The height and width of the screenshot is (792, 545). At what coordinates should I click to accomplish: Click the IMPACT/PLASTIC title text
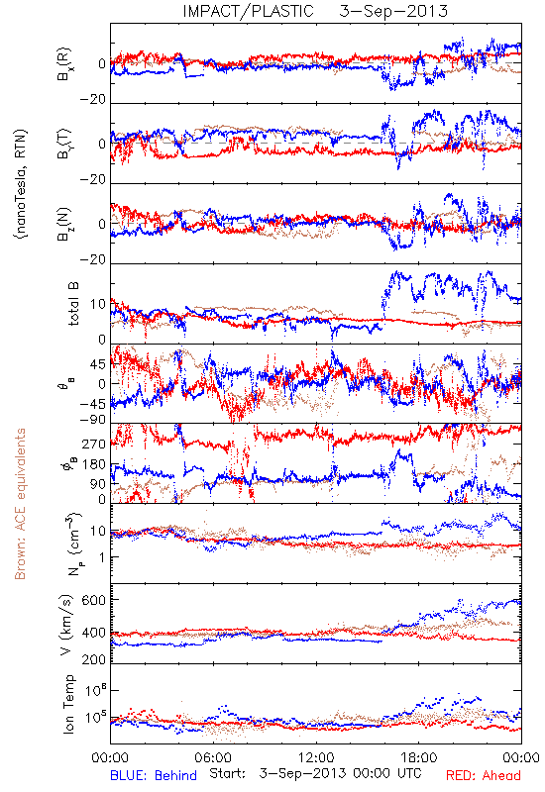tap(248, 11)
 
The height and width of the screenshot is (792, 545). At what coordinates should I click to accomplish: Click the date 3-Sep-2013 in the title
tap(393, 11)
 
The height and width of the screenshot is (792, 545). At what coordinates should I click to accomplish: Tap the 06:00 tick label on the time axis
tap(213, 757)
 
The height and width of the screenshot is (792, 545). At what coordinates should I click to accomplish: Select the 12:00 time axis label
tap(316, 757)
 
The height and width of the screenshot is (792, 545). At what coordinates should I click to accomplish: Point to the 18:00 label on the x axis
tap(419, 757)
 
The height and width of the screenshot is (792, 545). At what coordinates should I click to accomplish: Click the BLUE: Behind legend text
tap(154, 775)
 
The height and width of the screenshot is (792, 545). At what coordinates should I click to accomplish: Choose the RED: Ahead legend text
tap(483, 775)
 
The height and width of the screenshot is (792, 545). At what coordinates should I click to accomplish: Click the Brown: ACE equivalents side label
tap(20, 504)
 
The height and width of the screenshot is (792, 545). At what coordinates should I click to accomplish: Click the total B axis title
tap(73, 304)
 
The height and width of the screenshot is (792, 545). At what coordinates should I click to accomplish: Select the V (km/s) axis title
tap(66, 625)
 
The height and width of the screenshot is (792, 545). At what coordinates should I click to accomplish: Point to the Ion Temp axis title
tap(68, 704)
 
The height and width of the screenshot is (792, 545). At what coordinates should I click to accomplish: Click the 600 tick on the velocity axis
tap(94, 600)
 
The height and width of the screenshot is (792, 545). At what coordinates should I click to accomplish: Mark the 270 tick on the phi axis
tap(94, 444)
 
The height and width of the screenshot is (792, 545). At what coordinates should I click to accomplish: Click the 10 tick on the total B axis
tap(98, 304)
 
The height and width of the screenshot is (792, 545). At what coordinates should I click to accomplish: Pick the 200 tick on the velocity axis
tap(94, 659)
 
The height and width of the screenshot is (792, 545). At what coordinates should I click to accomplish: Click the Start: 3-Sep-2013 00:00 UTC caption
tap(315, 773)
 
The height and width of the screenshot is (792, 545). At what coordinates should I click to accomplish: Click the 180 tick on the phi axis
tap(94, 464)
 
